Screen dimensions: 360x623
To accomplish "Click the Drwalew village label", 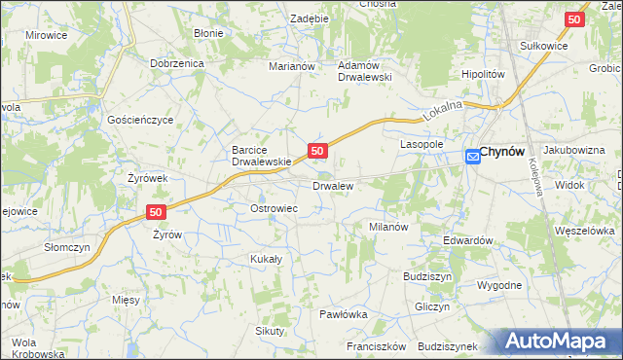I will coord(332,185).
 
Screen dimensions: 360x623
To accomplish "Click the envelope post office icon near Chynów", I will coord(472,155).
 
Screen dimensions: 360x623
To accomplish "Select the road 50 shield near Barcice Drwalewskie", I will coord(317,151).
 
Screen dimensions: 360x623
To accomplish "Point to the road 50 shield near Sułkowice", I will coord(575,18).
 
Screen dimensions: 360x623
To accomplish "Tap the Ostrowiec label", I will coord(274,209).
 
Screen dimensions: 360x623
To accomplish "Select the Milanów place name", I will coord(386,226).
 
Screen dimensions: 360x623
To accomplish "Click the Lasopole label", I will coord(422,144).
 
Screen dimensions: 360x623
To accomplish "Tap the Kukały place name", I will coord(266,260).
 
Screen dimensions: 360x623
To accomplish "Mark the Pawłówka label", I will coord(343,314).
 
